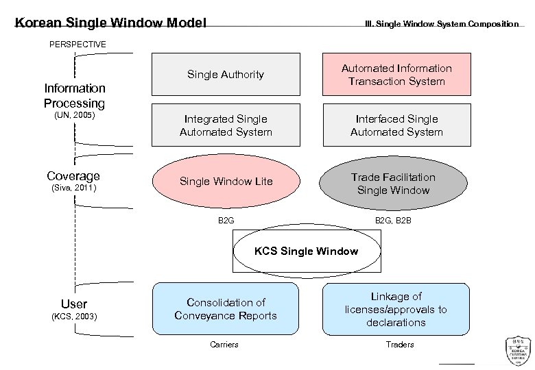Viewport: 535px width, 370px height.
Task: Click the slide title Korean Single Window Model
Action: pos(110,23)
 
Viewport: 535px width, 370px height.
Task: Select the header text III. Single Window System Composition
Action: pos(441,24)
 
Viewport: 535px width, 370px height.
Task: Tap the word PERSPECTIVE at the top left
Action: pos(78,44)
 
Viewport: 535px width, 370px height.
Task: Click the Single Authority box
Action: pos(226,74)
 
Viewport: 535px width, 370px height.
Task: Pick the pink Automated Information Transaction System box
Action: pos(396,75)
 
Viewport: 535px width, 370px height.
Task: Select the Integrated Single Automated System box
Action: pos(226,125)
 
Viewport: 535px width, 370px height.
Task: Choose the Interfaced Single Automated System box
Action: pos(396,125)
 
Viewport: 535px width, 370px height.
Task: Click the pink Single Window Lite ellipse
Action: pos(226,182)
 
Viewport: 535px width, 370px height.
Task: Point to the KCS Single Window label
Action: pos(306,251)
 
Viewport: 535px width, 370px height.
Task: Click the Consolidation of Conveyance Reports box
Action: pos(226,309)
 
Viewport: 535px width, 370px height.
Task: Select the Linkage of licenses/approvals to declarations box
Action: pos(396,309)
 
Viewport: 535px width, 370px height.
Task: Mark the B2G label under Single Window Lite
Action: pos(226,221)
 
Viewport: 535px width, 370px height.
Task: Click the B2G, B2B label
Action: pos(393,221)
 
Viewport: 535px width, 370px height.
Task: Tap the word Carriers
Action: pos(224,344)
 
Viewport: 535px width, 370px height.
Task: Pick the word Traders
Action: pos(400,344)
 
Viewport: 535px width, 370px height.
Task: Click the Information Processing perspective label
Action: pos(75,96)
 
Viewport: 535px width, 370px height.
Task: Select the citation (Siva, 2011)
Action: pos(74,188)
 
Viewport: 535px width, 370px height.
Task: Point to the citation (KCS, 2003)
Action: pos(74,316)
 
